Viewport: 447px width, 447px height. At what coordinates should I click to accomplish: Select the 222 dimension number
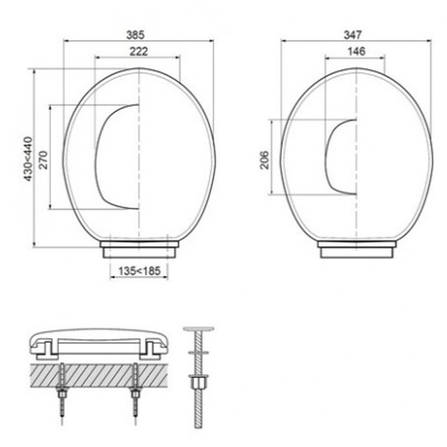(139, 51)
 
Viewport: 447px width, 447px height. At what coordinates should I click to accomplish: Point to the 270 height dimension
(43, 158)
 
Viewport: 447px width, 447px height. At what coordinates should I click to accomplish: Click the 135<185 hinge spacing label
(140, 271)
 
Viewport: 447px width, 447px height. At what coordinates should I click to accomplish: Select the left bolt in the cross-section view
(62, 386)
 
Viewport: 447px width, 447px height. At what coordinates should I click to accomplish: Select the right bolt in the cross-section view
(135, 386)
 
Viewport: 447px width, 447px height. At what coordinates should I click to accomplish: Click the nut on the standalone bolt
(199, 383)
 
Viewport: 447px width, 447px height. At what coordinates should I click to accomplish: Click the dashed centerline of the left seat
(139, 168)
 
